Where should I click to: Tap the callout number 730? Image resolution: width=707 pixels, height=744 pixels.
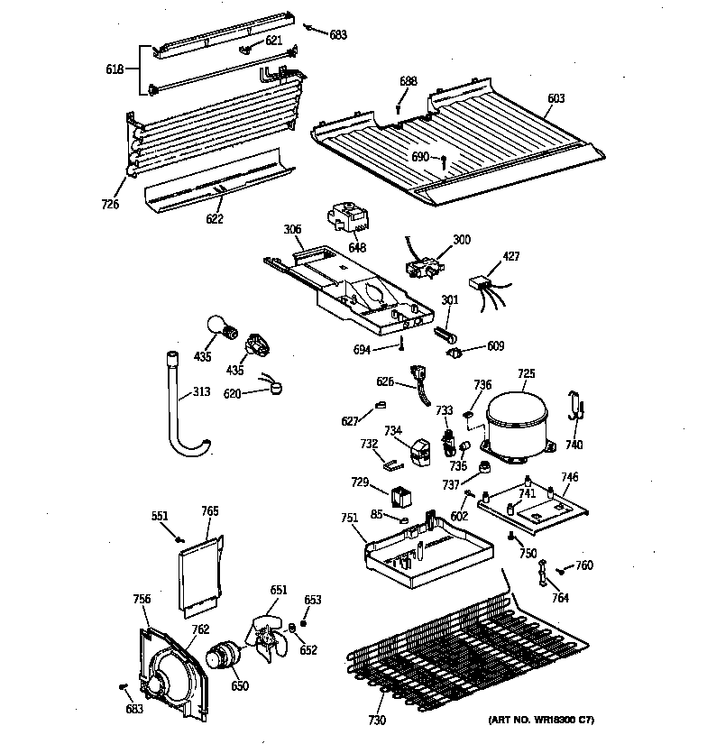pyautogui.click(x=376, y=720)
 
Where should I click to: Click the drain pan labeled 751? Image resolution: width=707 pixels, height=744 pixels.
pyautogui.click(x=424, y=551)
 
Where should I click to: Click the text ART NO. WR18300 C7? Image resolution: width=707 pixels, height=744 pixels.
pyautogui.click(x=541, y=719)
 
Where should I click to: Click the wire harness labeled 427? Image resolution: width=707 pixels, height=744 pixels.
pyautogui.click(x=488, y=290)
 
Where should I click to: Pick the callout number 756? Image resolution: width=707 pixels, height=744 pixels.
pyautogui.click(x=142, y=599)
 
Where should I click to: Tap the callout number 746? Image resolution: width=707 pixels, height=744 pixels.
pyautogui.click(x=569, y=477)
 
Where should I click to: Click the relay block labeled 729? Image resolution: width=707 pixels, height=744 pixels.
pyautogui.click(x=402, y=495)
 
